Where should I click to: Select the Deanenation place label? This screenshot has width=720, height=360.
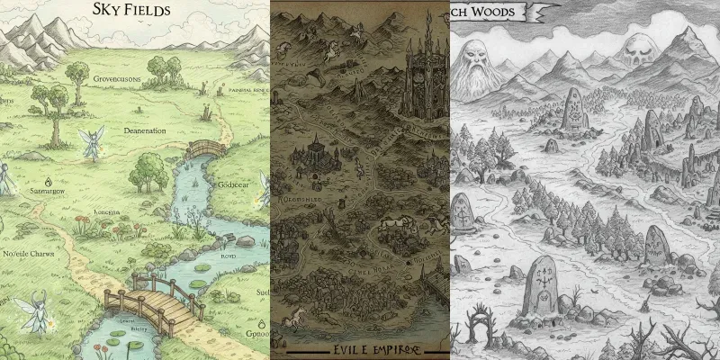click(x=132, y=130)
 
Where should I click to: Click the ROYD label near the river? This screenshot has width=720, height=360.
click(x=227, y=256)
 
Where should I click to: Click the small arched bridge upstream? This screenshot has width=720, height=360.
click(x=208, y=148)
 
